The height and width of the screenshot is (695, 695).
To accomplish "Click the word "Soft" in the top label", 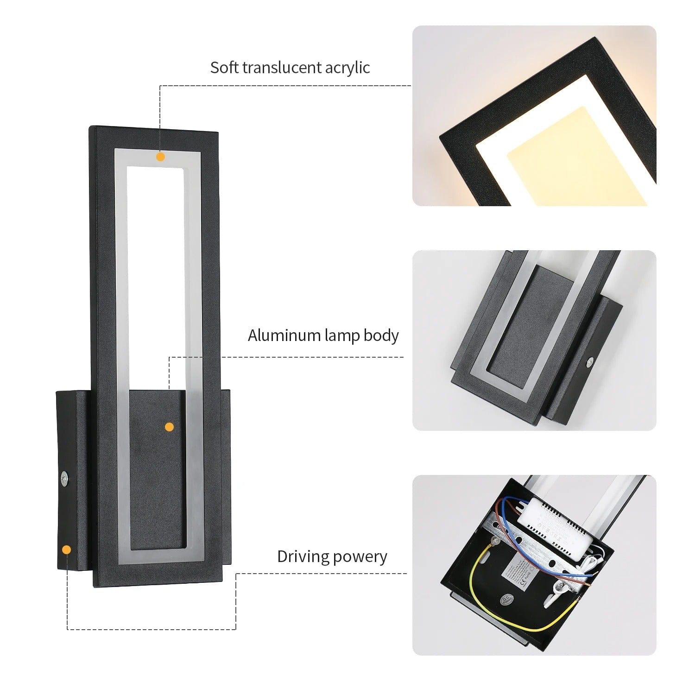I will pyautogui.click(x=224, y=68).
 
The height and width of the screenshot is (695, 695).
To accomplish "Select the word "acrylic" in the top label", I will pyautogui.click(x=347, y=68).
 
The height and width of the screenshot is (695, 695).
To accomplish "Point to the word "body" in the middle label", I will pyautogui.click(x=381, y=335).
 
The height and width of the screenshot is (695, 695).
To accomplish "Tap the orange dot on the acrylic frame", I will pyautogui.click(x=160, y=157).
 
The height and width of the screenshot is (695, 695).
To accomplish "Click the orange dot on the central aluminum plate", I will pyautogui.click(x=169, y=427).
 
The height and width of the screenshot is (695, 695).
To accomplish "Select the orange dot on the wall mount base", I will pyautogui.click(x=67, y=550).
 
